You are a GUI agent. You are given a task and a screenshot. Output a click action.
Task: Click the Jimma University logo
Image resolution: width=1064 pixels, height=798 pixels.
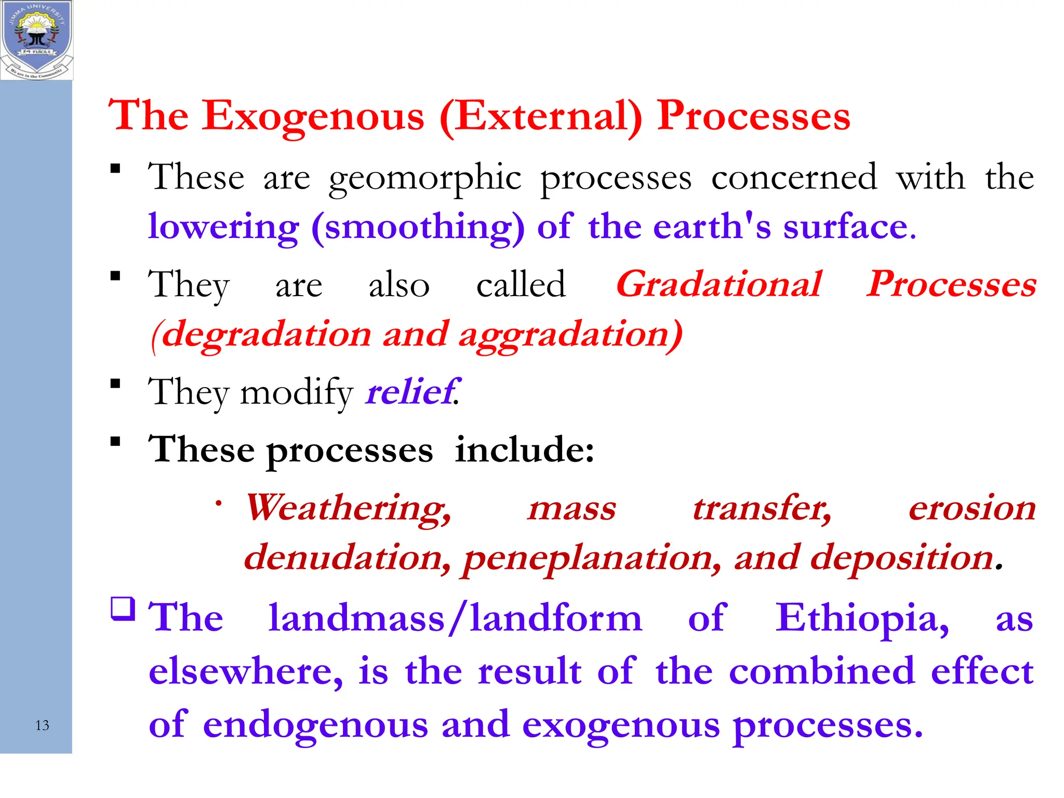click(36, 40)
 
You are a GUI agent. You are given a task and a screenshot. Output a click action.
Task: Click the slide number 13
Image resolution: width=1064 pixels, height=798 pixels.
click(42, 725)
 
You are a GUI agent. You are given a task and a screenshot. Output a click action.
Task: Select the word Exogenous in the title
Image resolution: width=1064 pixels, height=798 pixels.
click(314, 116)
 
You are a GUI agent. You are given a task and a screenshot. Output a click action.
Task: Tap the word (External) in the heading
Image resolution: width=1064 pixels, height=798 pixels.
click(541, 116)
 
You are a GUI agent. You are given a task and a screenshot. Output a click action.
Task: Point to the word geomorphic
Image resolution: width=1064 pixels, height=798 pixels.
click(424, 178)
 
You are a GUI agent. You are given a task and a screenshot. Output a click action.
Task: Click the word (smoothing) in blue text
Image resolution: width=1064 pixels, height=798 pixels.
click(418, 228)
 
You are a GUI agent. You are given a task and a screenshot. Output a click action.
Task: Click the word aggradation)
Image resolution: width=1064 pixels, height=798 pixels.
click(570, 334)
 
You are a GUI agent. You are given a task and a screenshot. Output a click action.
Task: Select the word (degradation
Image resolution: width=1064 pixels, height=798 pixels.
click(260, 334)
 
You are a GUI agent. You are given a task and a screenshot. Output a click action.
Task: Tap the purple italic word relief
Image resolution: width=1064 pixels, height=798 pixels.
click(410, 392)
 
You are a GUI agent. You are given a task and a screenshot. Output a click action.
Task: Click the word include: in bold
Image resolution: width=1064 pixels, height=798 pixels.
click(524, 449)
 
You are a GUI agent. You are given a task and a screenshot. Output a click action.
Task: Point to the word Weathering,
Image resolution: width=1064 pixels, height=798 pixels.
click(348, 508)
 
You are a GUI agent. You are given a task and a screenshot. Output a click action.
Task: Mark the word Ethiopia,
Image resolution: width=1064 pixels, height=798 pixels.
click(862, 618)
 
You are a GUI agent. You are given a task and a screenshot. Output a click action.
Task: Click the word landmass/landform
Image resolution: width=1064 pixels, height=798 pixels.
click(455, 618)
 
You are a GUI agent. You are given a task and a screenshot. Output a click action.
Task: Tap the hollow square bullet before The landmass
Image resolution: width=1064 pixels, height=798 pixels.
click(123, 608)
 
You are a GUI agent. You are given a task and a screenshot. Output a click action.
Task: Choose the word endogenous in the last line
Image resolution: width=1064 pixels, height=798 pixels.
click(315, 725)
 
